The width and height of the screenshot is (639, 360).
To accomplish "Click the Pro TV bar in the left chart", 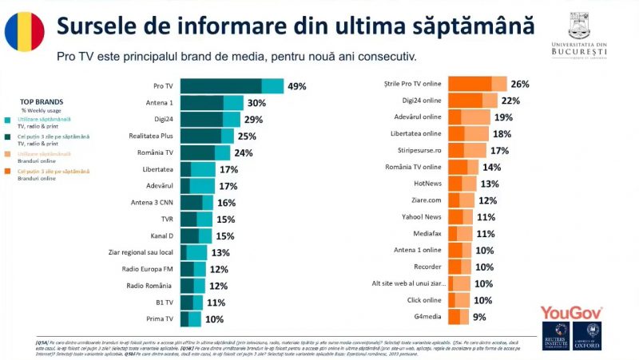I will pos(232,86).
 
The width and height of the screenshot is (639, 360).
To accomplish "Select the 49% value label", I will pos(297,86).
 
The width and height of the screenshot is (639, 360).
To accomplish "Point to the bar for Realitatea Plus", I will pos(207,136).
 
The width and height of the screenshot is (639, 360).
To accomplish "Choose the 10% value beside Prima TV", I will pos(213,319).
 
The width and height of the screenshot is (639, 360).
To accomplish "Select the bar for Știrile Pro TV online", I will pos(477,84).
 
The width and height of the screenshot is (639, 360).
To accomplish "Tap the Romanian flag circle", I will pos(25,33).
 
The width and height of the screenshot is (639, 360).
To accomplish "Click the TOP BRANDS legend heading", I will pos(37,102).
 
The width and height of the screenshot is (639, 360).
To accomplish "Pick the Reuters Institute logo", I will pos(556,336).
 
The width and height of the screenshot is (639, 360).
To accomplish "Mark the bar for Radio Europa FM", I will pos(193,269).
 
